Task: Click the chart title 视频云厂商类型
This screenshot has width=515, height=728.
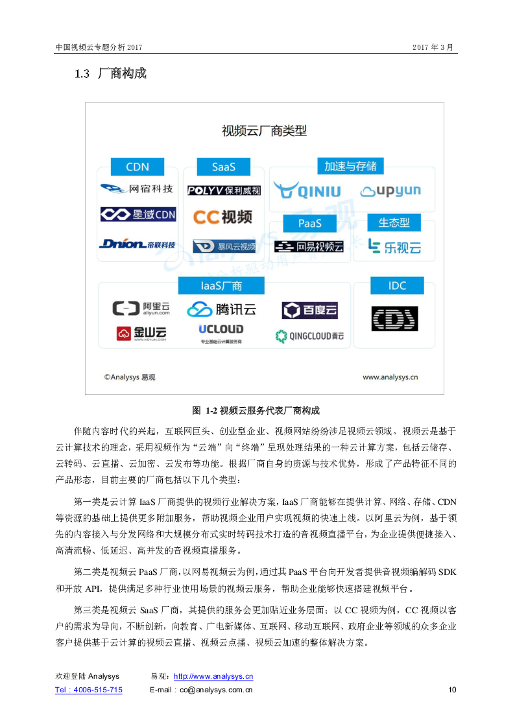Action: point(264,131)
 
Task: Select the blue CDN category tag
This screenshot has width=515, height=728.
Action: point(138,167)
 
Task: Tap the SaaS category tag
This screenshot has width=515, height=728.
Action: point(224,167)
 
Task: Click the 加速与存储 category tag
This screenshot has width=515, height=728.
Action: point(350,166)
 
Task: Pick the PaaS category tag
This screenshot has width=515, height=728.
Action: point(310,223)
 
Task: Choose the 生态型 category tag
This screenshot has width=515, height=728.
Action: point(394,222)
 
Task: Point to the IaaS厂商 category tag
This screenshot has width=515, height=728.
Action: point(221,285)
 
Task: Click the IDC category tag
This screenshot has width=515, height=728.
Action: point(397,285)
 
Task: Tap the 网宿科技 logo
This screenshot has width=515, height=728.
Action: point(137,189)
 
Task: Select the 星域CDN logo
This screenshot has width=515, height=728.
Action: point(138,215)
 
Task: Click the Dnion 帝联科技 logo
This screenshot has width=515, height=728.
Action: point(138,244)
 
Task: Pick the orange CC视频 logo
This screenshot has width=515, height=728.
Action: point(222,217)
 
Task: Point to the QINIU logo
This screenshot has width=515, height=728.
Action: point(307,191)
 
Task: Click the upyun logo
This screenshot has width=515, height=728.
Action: point(390,191)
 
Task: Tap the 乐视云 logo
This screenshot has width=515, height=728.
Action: point(394,246)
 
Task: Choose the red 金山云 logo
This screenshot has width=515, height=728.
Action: point(141,334)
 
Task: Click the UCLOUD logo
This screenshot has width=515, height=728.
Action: point(221,330)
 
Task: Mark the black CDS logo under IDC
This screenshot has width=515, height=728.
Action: point(394,319)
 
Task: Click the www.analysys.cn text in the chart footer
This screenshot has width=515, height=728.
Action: point(390,377)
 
